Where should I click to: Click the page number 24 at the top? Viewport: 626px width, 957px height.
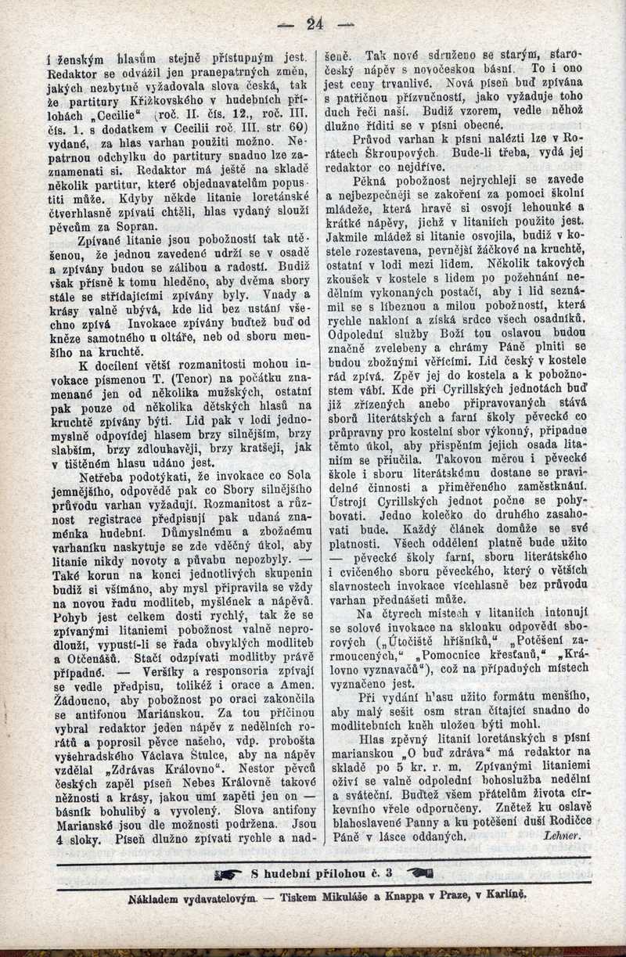click(x=316, y=23)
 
